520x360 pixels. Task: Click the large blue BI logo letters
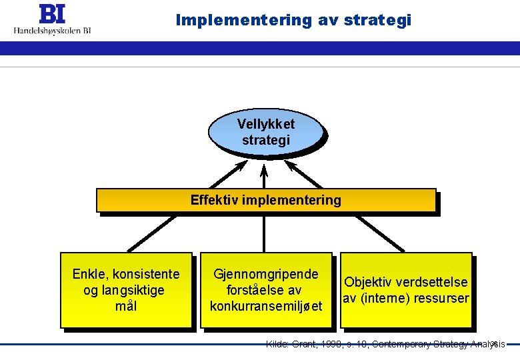[x=53, y=14]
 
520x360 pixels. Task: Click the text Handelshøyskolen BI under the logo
[x=53, y=30]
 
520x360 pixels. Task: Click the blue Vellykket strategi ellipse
[x=265, y=132]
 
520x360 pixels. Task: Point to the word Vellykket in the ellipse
[x=265, y=124]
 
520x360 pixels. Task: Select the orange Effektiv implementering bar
[x=265, y=201]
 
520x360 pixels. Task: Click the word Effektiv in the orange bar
[x=212, y=200]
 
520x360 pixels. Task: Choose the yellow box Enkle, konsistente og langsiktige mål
[x=126, y=290]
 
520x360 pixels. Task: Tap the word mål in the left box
[x=126, y=307]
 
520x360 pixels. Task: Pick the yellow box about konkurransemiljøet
[x=265, y=290]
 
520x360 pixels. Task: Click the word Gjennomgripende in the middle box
[x=265, y=274]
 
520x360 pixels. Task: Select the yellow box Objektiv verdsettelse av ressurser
[x=405, y=290]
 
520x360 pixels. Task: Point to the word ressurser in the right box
[x=441, y=298]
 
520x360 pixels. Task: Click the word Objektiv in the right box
[x=368, y=282]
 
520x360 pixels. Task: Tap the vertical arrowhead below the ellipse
[x=264, y=167]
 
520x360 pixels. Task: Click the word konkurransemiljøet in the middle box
[x=265, y=307]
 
